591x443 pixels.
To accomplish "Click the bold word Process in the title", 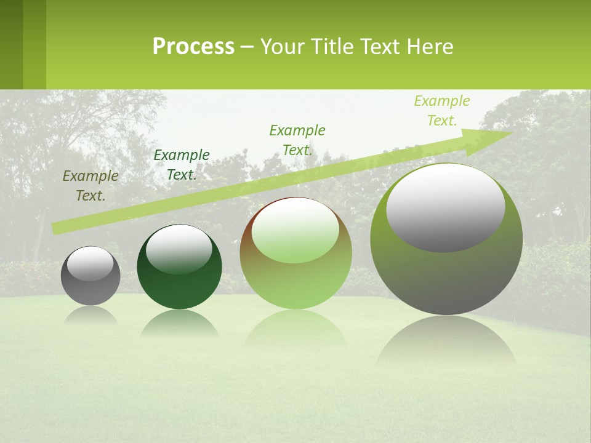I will click(193, 47).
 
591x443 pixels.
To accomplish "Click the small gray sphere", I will click(90, 289).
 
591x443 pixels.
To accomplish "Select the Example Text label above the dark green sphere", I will click(182, 165).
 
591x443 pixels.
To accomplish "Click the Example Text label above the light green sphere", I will click(297, 140).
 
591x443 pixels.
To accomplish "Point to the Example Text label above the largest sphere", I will click(442, 111).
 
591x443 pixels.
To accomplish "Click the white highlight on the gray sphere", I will click(90, 263).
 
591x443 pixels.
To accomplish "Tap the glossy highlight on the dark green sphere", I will click(179, 249).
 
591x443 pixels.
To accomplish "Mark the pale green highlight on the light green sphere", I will click(295, 231).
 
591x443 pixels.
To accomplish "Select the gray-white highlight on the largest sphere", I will click(446, 207).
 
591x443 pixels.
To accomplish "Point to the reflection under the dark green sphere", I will click(179, 323).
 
